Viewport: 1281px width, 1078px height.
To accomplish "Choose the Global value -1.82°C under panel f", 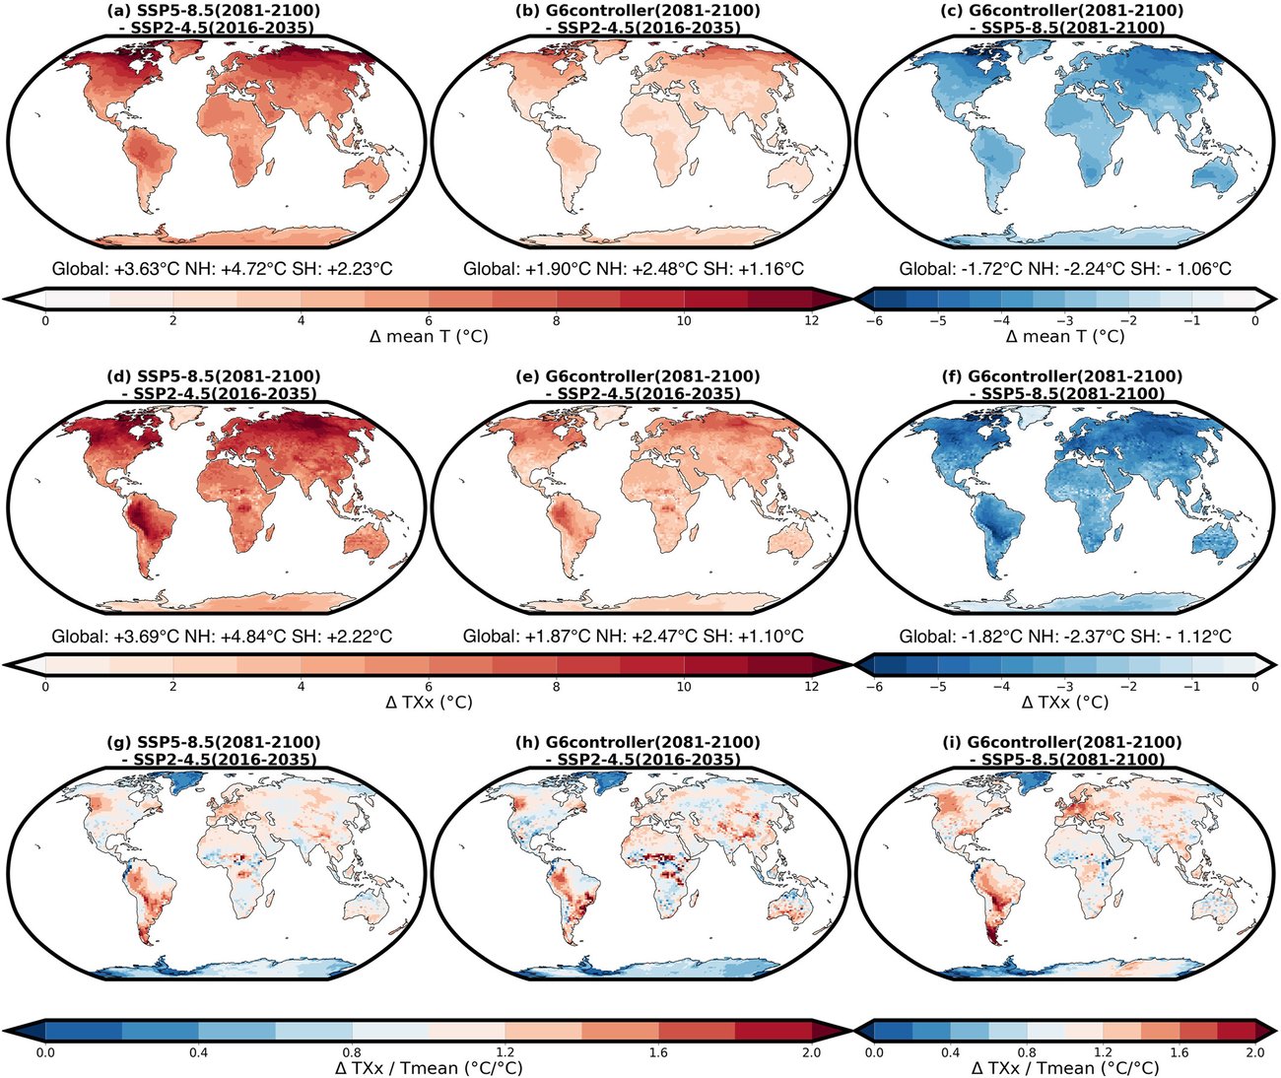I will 984,637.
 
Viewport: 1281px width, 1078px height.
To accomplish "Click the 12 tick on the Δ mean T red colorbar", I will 811,320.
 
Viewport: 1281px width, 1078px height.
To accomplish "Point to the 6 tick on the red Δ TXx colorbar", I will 428,686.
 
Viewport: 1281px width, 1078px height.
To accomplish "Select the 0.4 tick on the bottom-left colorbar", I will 198,1052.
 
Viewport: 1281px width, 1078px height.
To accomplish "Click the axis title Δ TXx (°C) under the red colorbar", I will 428,703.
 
